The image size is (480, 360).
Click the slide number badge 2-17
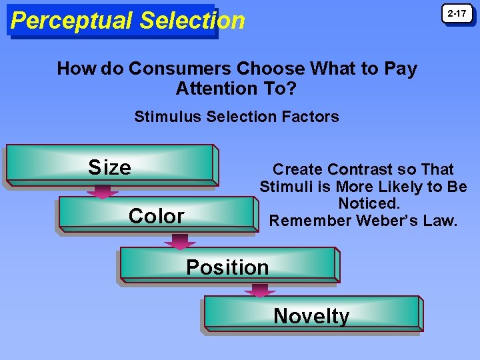[x=457, y=14]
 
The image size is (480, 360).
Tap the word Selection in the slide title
[x=193, y=21]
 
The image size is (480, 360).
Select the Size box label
[x=110, y=167]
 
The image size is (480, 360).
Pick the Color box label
[x=156, y=216]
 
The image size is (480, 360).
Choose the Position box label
[x=227, y=267]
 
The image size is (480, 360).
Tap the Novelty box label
[x=311, y=316]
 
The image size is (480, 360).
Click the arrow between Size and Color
[x=102, y=191]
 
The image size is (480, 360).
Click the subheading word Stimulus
[x=163, y=117]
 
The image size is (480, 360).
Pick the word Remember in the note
[x=302, y=220]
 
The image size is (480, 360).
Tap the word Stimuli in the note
[x=284, y=187]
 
